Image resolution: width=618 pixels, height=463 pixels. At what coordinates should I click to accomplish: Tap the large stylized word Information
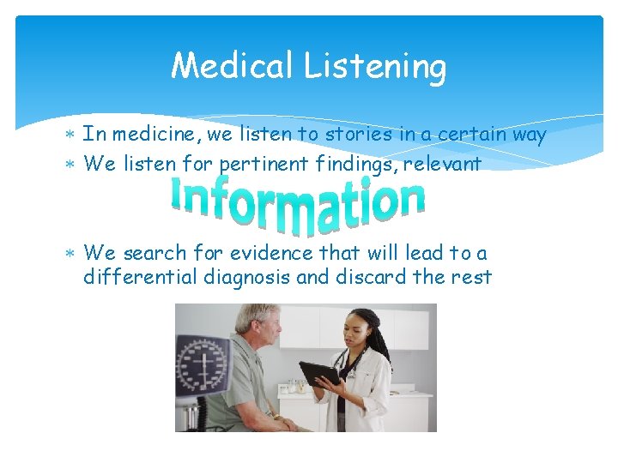coord(298,203)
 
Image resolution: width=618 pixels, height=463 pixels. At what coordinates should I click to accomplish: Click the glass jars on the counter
coord(298,385)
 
